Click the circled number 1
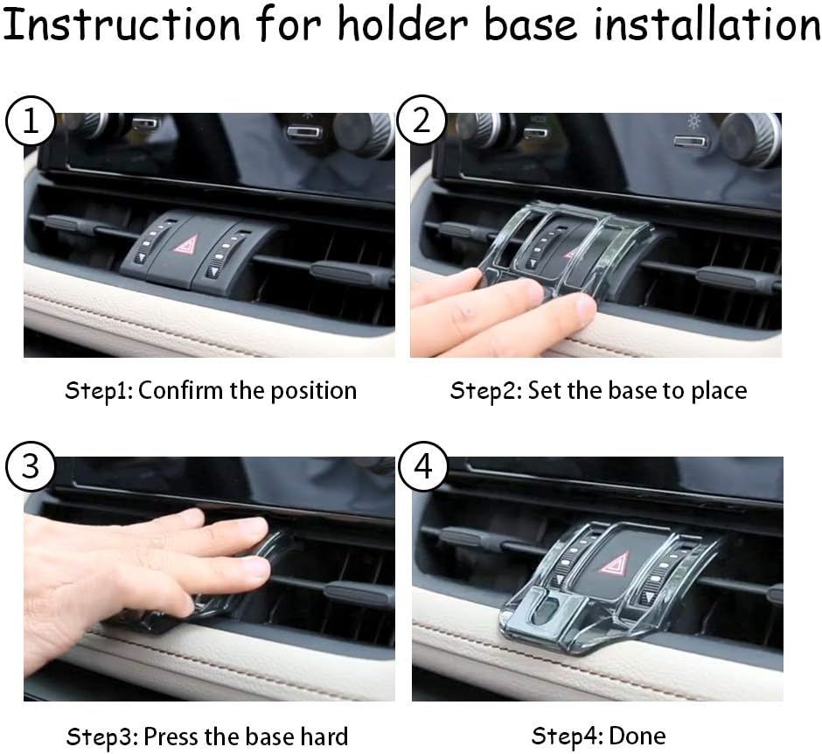[30, 122]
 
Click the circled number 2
[422, 122]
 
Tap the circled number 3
[30, 466]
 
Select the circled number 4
[422, 466]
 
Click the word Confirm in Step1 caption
[181, 390]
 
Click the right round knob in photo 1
[363, 134]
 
